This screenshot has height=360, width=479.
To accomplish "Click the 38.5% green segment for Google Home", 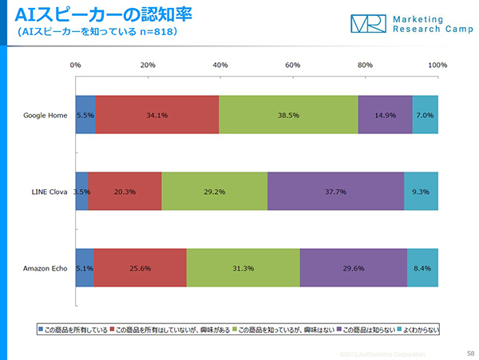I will click(x=288, y=115).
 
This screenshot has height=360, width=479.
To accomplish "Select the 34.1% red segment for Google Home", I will click(x=157, y=115).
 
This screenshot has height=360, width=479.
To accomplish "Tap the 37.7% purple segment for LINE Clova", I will click(x=335, y=192).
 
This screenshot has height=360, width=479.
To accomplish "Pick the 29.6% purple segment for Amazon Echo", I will click(x=354, y=268).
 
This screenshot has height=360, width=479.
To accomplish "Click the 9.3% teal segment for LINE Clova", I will click(x=421, y=192).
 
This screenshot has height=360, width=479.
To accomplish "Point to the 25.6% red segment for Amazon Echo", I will click(x=140, y=268).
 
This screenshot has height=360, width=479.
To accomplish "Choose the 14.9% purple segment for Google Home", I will click(x=385, y=115).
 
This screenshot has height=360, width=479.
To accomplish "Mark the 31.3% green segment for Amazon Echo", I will click(x=243, y=268).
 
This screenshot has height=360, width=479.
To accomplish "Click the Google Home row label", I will click(x=46, y=115).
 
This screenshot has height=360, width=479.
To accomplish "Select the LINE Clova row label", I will click(x=47, y=192).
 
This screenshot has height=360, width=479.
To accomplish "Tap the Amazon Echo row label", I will click(x=45, y=268).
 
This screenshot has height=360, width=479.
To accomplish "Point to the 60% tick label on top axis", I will click(x=292, y=65).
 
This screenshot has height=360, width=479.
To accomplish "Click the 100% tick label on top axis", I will click(x=437, y=65).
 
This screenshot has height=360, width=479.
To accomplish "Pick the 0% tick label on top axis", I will click(x=76, y=65).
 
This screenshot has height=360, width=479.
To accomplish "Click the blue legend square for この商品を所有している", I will click(x=41, y=330).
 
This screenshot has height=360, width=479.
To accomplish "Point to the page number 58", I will click(x=469, y=351).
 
